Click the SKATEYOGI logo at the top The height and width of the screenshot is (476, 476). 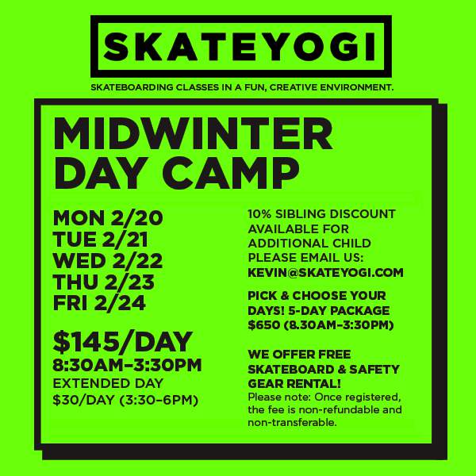click(241, 47)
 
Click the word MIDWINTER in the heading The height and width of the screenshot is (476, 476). click(194, 134)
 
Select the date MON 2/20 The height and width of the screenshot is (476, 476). click(108, 217)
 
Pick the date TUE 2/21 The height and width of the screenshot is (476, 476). click(101, 240)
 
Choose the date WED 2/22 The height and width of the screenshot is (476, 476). click(108, 260)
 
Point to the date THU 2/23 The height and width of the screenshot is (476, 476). click(104, 282)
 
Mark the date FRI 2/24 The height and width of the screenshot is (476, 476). click(99, 303)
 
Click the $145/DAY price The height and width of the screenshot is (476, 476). click(123, 343)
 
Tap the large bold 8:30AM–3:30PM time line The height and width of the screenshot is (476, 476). click(127, 365)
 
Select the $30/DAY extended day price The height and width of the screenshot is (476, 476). click(86, 400)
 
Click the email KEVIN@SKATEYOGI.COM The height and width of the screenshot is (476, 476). click(325, 272)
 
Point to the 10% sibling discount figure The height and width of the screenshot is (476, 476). click(259, 213)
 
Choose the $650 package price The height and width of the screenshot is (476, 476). click(264, 325)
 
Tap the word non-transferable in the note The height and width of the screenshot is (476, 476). click(292, 422)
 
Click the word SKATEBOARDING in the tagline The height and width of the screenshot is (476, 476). click(132, 87)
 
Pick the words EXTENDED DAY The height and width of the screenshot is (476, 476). click(108, 383)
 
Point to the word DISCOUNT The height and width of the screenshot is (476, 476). click(363, 213)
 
